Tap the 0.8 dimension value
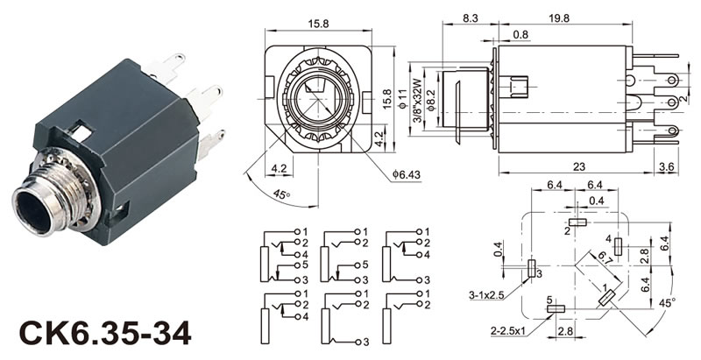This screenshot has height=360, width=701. point(520,35)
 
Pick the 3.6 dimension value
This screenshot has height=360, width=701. point(666,166)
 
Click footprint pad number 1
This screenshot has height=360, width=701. point(605,298)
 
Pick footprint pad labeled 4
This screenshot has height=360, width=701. point(619,246)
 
